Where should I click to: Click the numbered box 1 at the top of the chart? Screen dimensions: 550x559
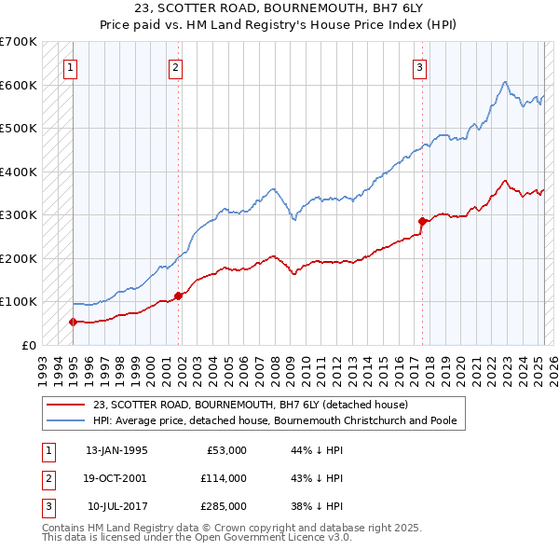pyautogui.click(x=72, y=67)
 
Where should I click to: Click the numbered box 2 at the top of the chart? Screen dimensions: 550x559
pyautogui.click(x=176, y=67)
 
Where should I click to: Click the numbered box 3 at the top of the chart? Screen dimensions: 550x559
pyautogui.click(x=420, y=67)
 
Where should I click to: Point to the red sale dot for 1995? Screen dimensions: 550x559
pyautogui.click(x=73, y=322)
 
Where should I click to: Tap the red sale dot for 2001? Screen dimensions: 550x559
pyautogui.click(x=178, y=296)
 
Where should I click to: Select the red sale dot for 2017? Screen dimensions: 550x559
pyautogui.click(x=422, y=221)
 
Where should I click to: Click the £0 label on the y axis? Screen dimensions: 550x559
pyautogui.click(x=29, y=345)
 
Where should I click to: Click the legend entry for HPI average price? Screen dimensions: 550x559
pyautogui.click(x=274, y=420)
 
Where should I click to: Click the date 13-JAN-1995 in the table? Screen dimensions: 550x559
pyautogui.click(x=116, y=450)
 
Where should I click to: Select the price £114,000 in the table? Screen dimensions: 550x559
pyautogui.click(x=224, y=478)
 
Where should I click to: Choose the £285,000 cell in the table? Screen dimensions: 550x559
pyautogui.click(x=224, y=506)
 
